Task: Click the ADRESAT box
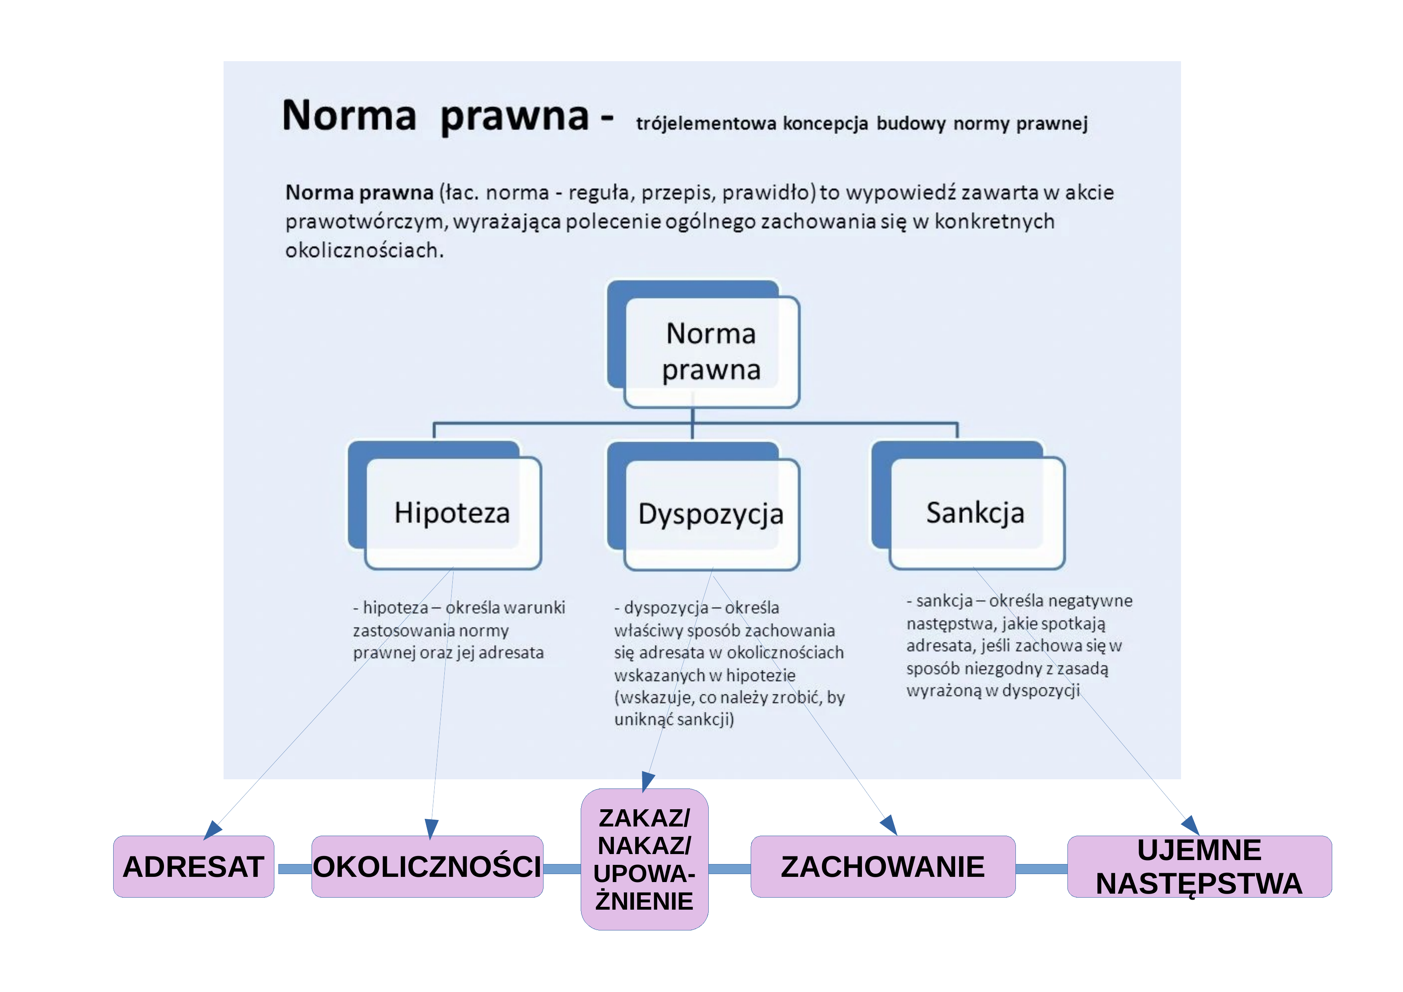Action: click(193, 866)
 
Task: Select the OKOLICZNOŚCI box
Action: click(427, 866)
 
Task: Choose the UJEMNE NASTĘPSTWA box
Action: click(1199, 866)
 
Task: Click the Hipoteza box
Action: click(445, 505)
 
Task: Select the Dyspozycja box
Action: click(703, 506)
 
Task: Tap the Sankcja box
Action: click(968, 505)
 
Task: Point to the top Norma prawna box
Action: click(703, 344)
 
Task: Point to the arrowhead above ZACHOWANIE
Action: click(889, 825)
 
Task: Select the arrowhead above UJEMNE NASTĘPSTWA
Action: click(1191, 825)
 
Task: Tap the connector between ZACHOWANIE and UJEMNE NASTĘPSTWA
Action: click(1041, 868)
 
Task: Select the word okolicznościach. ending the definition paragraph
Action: click(364, 250)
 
